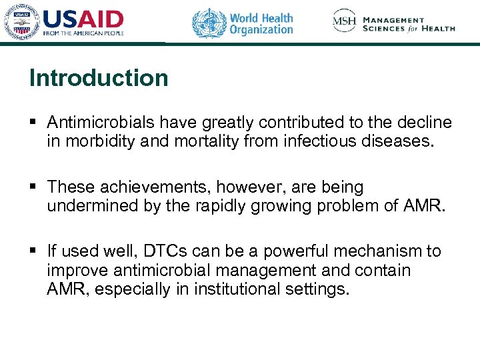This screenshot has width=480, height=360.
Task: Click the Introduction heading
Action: [99, 78]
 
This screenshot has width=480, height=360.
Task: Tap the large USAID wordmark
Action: [83, 19]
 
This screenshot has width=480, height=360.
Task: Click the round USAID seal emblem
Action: [20, 23]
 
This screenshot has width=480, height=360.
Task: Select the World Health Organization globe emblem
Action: [209, 23]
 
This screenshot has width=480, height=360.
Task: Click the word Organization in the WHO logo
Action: [261, 29]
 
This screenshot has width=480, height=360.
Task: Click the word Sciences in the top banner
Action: [383, 29]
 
